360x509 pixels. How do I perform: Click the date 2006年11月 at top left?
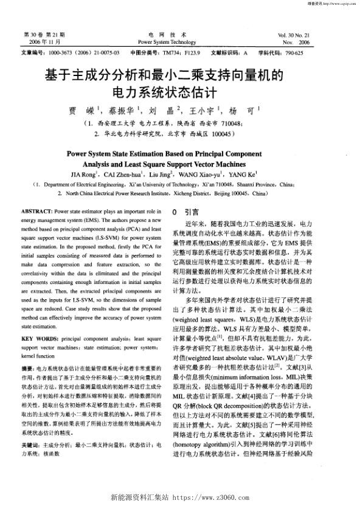point(42,43)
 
